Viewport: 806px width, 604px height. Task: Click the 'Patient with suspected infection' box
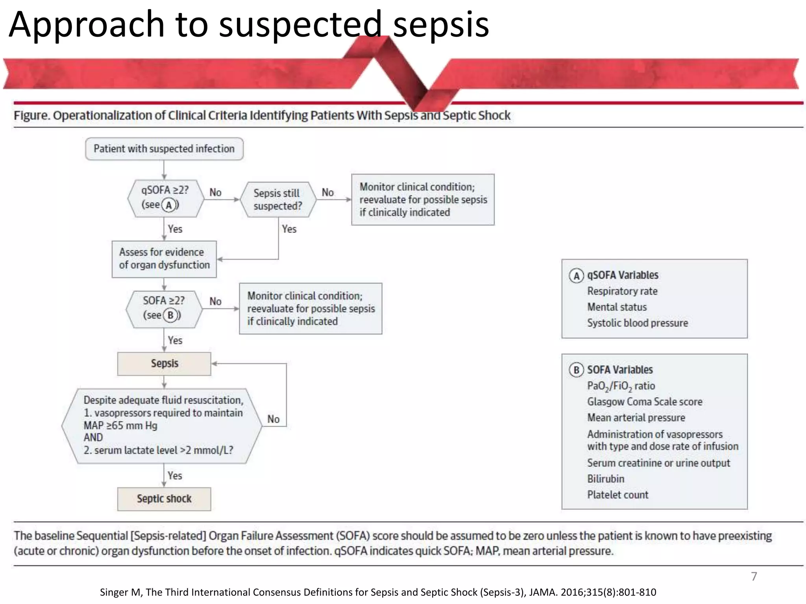pyautogui.click(x=164, y=149)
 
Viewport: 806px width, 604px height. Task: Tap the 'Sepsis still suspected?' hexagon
pyautogui.click(x=278, y=199)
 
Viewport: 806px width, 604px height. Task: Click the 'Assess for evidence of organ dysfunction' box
pyautogui.click(x=164, y=259)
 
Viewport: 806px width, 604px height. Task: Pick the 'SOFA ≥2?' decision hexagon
pyautogui.click(x=164, y=308)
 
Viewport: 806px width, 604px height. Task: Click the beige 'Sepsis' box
pyautogui.click(x=164, y=363)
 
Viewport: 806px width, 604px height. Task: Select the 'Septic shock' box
pyautogui.click(x=164, y=499)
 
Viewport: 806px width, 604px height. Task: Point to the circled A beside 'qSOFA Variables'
pyautogui.click(x=576, y=276)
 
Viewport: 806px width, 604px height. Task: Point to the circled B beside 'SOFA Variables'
pyautogui.click(x=576, y=370)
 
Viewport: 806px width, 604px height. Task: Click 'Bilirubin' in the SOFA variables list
pyautogui.click(x=606, y=479)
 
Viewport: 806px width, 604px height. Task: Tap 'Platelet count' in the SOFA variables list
pyautogui.click(x=617, y=495)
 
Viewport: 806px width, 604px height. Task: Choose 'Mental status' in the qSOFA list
pyautogui.click(x=617, y=307)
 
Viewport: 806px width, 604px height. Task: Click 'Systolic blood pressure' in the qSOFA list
pyautogui.click(x=638, y=323)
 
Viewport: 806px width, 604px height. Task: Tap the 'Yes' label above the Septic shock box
pyautogui.click(x=175, y=476)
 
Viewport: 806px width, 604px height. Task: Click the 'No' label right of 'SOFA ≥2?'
pyautogui.click(x=215, y=301)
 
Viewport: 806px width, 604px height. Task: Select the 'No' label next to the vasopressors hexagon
pyautogui.click(x=274, y=419)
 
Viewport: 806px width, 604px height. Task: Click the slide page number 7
pyautogui.click(x=754, y=576)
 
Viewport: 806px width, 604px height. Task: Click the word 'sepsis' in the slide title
pyautogui.click(x=441, y=24)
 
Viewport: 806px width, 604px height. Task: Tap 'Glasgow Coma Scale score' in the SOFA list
pyautogui.click(x=645, y=401)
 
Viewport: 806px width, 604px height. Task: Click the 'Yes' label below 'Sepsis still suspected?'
pyautogui.click(x=289, y=229)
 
